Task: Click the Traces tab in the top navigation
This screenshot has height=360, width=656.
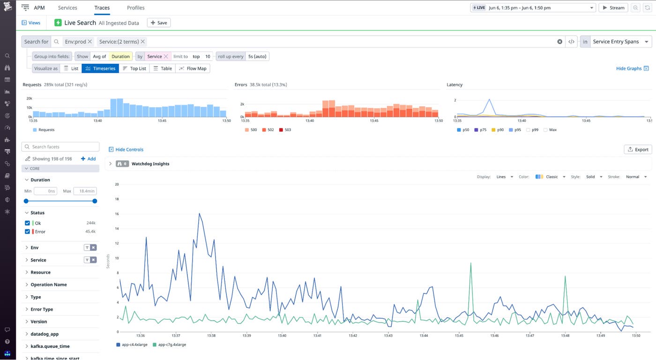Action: tap(102, 8)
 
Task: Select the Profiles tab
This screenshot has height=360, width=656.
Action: tap(135, 8)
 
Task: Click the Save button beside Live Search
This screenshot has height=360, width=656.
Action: tap(159, 22)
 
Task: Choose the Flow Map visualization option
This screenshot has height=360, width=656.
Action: tap(193, 68)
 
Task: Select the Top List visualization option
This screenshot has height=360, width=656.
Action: tap(134, 68)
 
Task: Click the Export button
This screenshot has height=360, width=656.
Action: tap(638, 150)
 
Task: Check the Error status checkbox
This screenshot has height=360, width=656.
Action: tap(27, 232)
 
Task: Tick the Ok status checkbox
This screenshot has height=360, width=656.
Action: tap(27, 223)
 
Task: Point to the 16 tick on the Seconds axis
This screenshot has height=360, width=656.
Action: tap(117, 214)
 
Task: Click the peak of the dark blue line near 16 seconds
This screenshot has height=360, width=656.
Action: tap(199, 214)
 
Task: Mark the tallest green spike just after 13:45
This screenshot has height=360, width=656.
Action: tap(470, 263)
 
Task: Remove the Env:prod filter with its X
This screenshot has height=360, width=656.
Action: tap(90, 42)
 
